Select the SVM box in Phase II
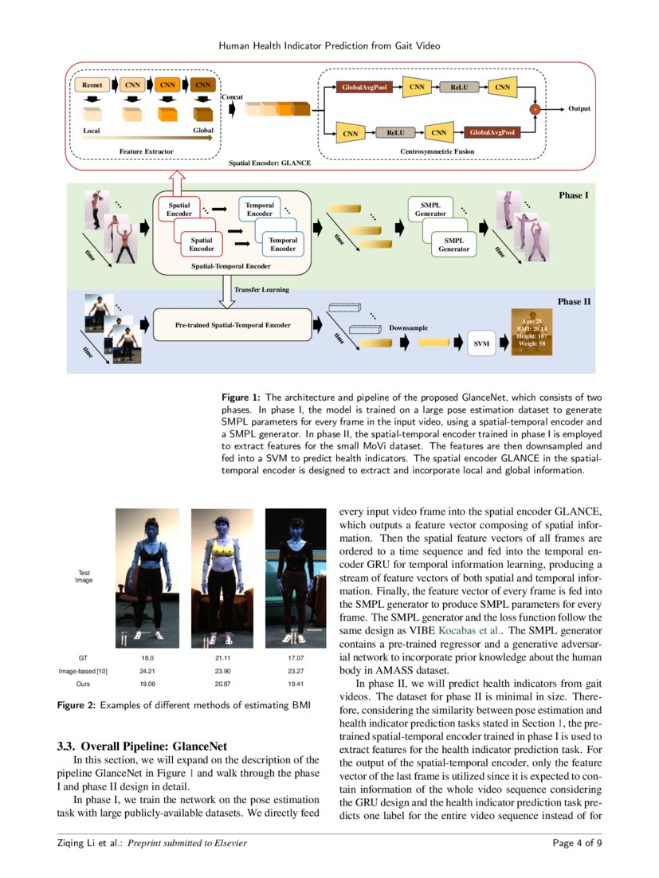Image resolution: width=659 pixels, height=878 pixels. coord(481,343)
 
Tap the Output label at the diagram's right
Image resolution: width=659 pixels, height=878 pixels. coord(579,108)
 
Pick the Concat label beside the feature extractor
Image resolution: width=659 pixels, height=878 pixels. coord(231,96)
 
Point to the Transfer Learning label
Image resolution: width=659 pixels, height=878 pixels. coord(261,290)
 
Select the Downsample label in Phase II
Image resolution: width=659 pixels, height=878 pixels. coord(408,328)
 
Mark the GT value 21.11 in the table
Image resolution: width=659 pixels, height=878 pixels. coord(222,659)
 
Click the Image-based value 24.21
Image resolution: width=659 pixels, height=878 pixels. coord(147,672)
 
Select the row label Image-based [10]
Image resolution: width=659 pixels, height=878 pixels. coord(84,672)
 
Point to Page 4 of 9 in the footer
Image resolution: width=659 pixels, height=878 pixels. coord(577,844)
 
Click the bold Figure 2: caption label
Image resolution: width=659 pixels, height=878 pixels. coord(76,706)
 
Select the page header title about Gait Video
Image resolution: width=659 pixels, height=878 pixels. coord(329,46)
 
